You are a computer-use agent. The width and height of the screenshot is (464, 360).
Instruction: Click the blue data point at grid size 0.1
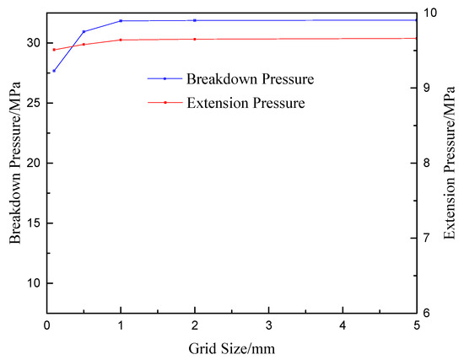[x=54, y=71]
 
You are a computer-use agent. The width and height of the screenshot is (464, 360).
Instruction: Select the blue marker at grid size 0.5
[x=84, y=31]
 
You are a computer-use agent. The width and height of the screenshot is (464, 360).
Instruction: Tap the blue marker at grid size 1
[x=121, y=20]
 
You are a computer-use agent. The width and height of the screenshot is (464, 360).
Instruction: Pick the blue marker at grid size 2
[x=195, y=20]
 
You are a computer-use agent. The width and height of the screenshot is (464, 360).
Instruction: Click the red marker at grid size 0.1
[x=54, y=50]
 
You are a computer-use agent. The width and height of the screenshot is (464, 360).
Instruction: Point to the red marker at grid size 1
[x=121, y=40]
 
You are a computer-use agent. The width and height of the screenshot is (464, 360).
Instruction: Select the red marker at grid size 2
[x=195, y=39]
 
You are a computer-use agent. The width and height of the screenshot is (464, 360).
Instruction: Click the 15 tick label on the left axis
[x=33, y=223]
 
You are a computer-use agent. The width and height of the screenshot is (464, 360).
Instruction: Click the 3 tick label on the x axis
[x=268, y=325]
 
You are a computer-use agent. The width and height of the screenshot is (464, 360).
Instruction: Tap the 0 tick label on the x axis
[x=47, y=325]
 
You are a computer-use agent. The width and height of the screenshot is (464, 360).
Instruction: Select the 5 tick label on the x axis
[x=416, y=325]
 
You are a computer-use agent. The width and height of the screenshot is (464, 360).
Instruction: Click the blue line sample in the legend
[x=165, y=78]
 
